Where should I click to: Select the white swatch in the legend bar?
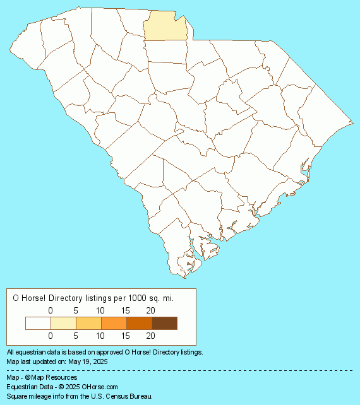38,323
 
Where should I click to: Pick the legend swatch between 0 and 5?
63,323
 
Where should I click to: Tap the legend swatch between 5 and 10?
88,323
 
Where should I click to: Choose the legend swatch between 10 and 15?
114,323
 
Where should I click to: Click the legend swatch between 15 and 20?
139,323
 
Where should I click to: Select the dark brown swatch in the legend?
164,323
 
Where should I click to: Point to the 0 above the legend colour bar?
51,310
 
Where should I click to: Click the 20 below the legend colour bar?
150,336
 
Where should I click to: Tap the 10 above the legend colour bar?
100,310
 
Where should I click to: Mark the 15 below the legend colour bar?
125,336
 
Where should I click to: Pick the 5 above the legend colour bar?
76,310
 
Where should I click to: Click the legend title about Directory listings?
93,296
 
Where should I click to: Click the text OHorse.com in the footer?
100,386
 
